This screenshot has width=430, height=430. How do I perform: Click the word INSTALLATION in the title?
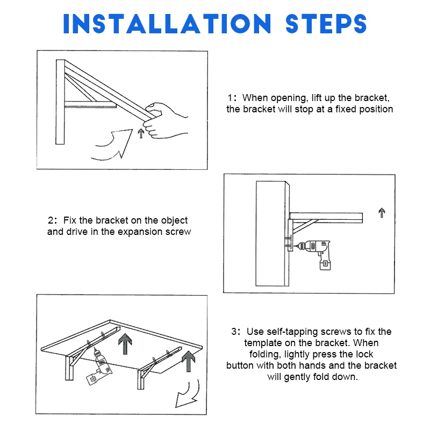point(167,24)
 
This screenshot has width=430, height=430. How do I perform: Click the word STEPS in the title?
point(326,24)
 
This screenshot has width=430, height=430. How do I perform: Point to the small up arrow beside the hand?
point(141,133)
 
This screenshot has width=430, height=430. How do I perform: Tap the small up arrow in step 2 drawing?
point(382,213)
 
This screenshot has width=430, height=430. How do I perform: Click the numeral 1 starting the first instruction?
point(230,98)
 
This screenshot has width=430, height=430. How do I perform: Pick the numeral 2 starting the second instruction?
point(51,220)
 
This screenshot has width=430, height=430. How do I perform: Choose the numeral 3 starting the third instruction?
point(234,332)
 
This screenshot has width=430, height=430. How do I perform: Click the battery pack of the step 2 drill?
point(325,264)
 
